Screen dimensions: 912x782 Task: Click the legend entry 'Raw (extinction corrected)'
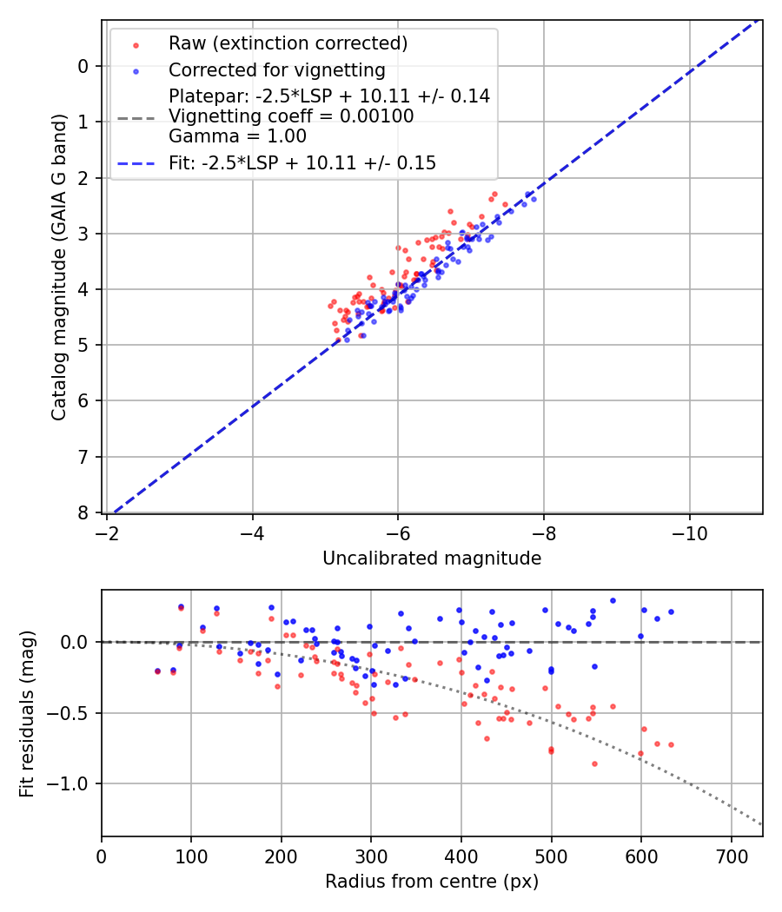click(x=288, y=43)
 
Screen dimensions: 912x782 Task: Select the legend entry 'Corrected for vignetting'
click(x=276, y=69)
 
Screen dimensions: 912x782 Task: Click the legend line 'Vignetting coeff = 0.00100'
click(x=291, y=116)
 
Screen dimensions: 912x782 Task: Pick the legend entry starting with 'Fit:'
click(x=302, y=162)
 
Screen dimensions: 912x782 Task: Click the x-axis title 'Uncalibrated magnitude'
click(x=432, y=558)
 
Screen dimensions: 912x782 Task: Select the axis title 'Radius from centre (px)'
click(x=432, y=882)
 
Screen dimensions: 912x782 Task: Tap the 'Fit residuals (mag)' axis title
click(x=27, y=713)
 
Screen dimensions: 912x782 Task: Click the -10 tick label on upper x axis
click(x=690, y=530)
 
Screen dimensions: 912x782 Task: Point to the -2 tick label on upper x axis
click(x=108, y=530)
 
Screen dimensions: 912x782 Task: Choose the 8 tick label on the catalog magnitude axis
click(x=84, y=512)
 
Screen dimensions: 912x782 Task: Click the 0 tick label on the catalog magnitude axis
click(x=84, y=66)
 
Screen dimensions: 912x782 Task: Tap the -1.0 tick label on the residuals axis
click(x=72, y=783)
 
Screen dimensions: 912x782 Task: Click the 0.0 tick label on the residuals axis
click(x=76, y=642)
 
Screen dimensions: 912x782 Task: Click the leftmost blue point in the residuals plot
click(x=157, y=671)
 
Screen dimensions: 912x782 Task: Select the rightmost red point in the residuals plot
click(x=671, y=744)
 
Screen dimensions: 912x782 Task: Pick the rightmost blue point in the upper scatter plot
click(x=533, y=199)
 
